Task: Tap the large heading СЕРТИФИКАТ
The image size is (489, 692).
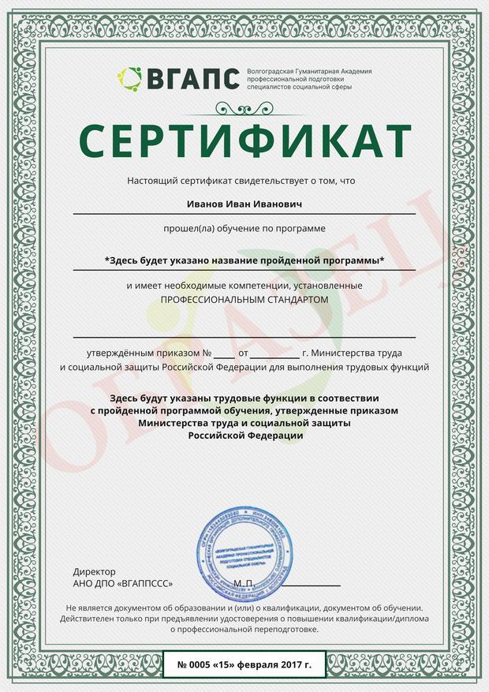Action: pyautogui.click(x=244, y=140)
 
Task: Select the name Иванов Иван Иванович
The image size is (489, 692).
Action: pyautogui.click(x=244, y=204)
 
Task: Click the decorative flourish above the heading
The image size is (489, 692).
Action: pyautogui.click(x=244, y=110)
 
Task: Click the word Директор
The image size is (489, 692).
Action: pyautogui.click(x=94, y=571)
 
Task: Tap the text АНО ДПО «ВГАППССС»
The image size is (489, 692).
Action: pyautogui.click(x=122, y=583)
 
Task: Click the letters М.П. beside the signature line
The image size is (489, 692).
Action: pyautogui.click(x=243, y=583)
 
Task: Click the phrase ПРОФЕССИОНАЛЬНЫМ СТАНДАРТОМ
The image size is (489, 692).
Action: pyautogui.click(x=244, y=301)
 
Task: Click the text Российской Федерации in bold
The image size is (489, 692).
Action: pyautogui.click(x=244, y=436)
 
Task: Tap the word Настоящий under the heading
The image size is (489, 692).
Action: pyautogui.click(x=153, y=181)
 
